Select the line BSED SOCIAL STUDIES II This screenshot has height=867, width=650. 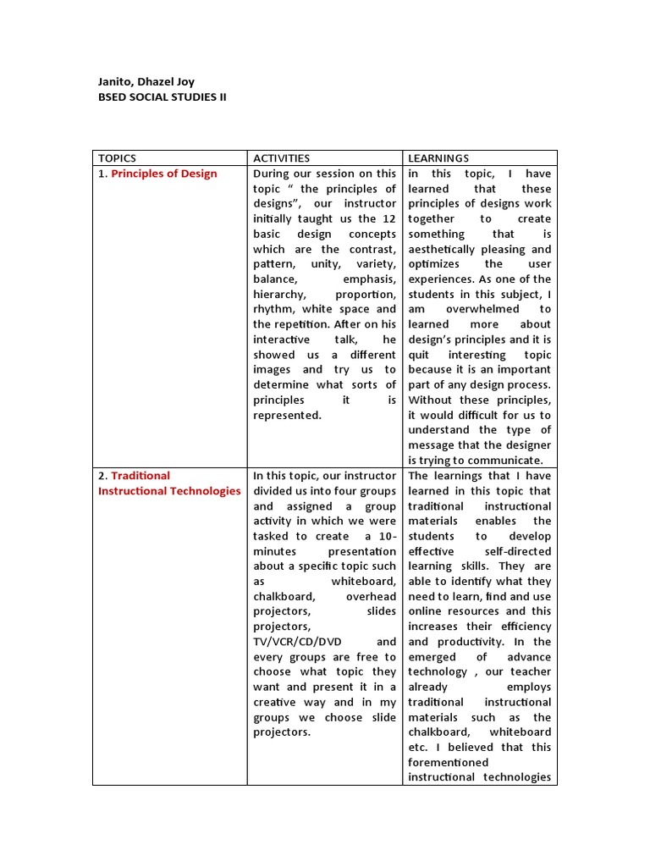click(x=162, y=97)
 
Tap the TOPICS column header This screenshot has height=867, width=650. click(x=117, y=158)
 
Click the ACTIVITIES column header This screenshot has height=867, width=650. click(x=281, y=158)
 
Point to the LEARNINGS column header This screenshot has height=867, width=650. click(x=438, y=158)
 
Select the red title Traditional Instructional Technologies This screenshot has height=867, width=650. click(x=169, y=483)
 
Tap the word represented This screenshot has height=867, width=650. click(x=287, y=415)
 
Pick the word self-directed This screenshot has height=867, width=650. click(x=516, y=551)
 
